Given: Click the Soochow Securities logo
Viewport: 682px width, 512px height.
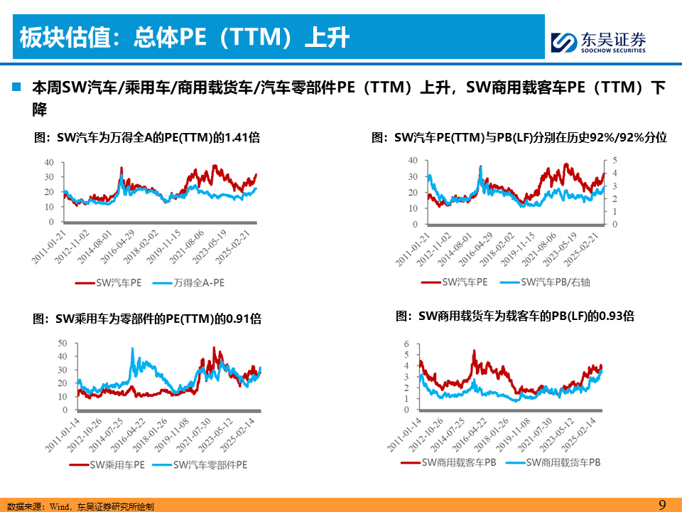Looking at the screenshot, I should click(x=599, y=42).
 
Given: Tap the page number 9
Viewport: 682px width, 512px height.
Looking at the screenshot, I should click(x=662, y=504).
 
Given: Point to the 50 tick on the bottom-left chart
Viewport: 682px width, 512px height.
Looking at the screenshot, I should click(x=62, y=343).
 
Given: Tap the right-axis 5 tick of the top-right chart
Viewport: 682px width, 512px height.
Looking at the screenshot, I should click(x=616, y=160).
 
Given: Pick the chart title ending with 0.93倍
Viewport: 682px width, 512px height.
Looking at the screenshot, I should click(x=514, y=316).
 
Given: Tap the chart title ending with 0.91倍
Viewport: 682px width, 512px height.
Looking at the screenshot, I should click(x=147, y=319).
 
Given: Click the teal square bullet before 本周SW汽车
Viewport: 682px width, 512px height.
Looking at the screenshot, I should click(x=16, y=87).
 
